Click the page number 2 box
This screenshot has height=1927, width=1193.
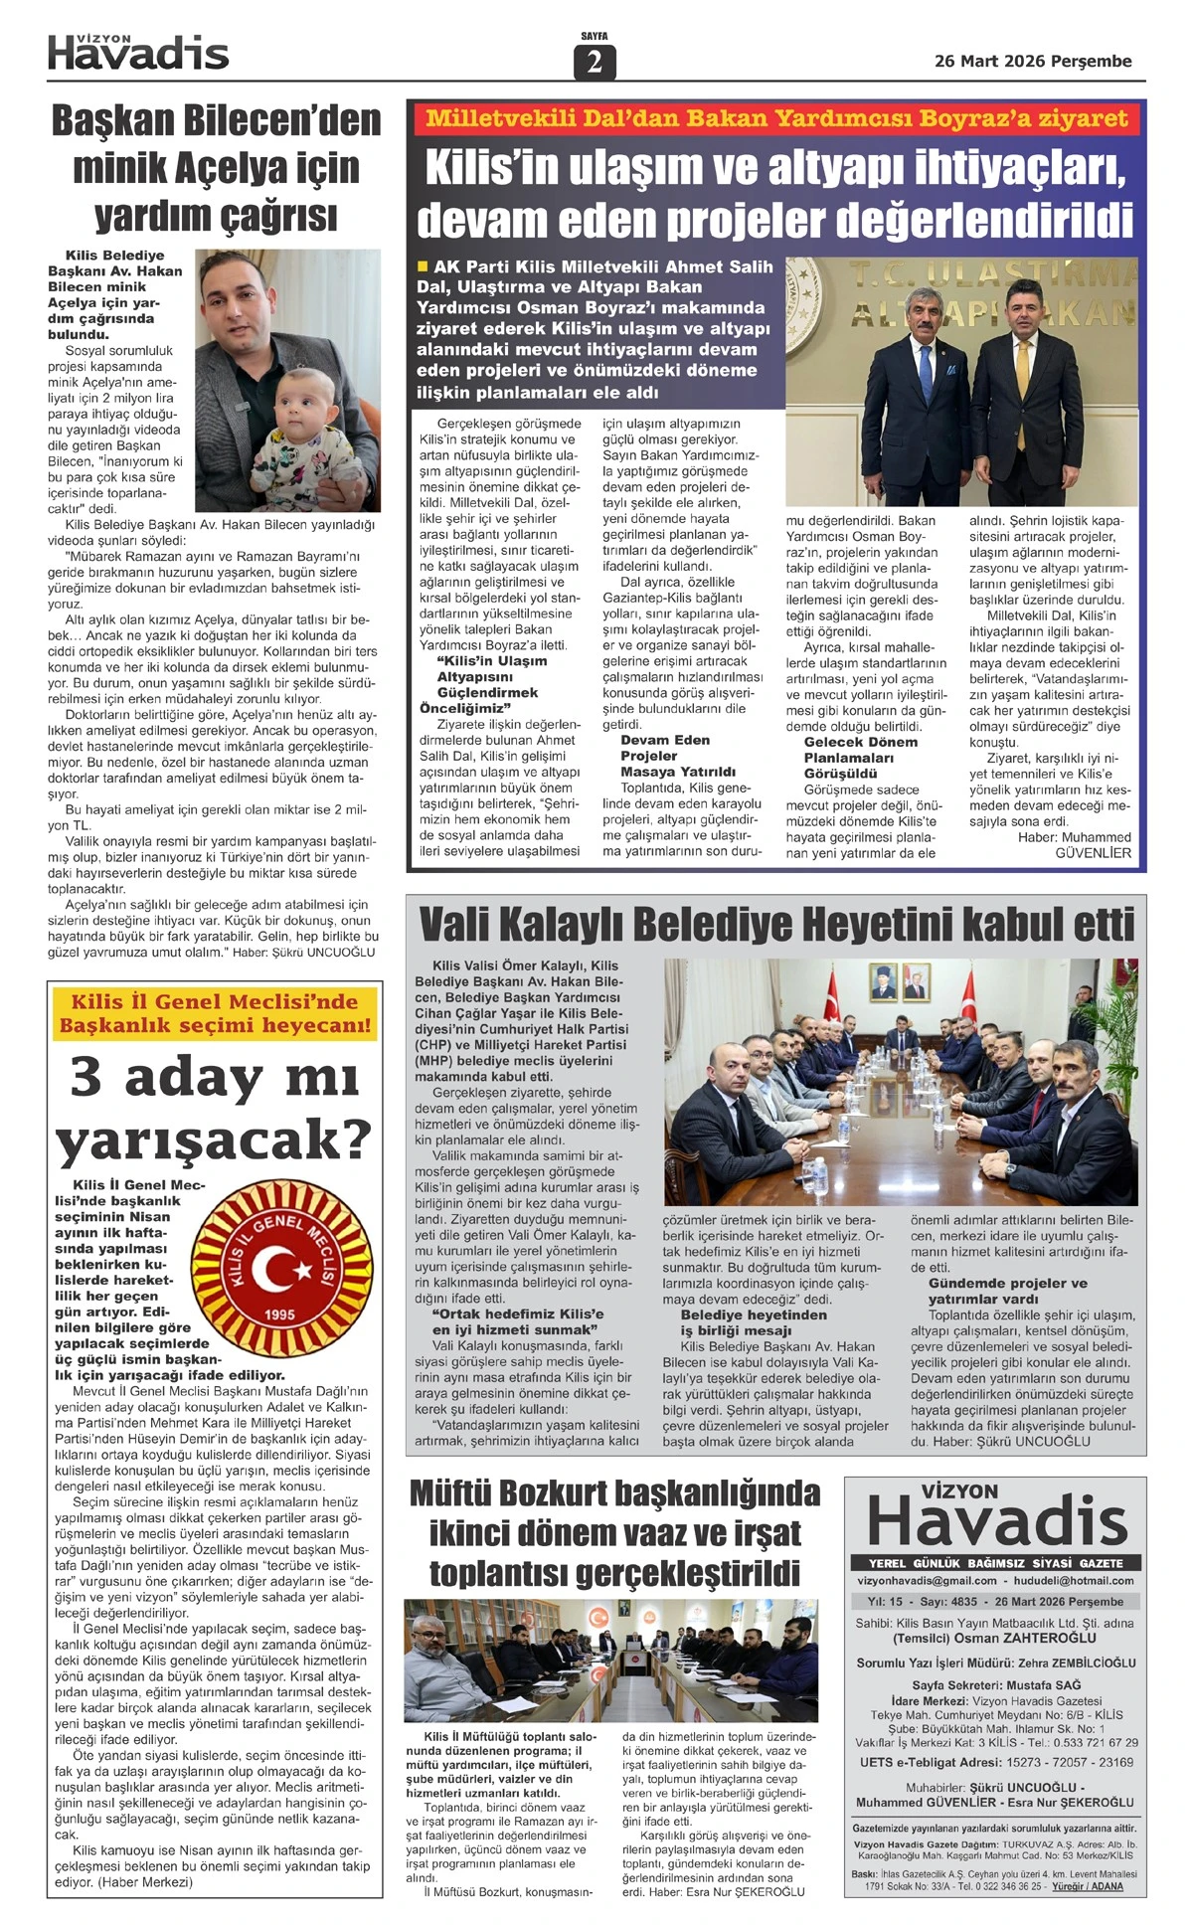(595, 62)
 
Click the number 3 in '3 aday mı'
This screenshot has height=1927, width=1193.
(86, 1077)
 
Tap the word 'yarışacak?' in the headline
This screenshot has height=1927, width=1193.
(214, 1140)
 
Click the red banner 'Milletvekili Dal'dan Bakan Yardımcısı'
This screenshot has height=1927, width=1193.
(776, 119)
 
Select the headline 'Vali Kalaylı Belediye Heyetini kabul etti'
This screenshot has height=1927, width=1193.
(776, 924)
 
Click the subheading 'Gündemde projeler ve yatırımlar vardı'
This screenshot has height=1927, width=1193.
(1007, 1291)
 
